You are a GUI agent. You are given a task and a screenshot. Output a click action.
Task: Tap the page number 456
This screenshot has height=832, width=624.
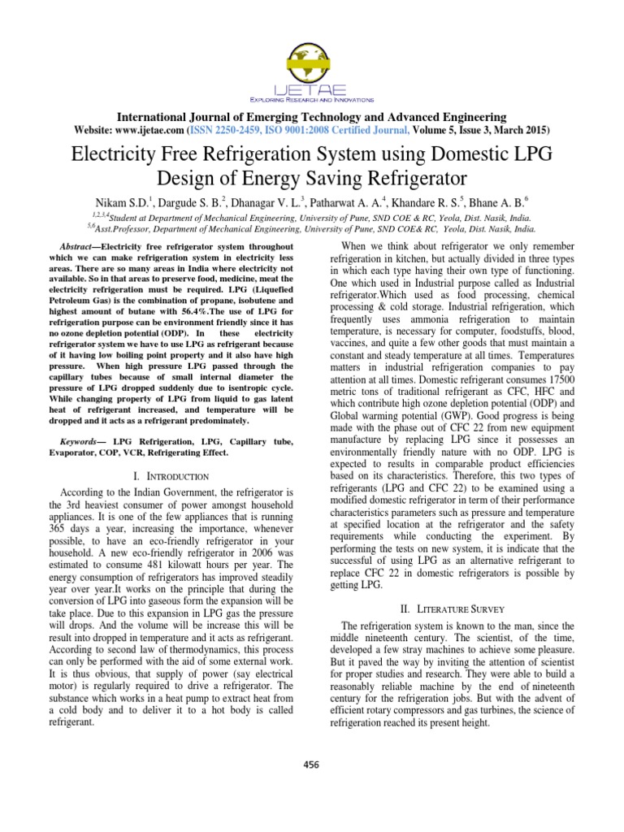[312, 764]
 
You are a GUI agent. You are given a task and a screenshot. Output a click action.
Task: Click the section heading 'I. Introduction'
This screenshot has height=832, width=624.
[171, 475]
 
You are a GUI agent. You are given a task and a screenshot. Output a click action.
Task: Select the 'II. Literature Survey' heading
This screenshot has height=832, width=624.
[457, 609]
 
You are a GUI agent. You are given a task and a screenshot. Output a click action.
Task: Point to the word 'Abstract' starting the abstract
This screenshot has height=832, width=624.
[80, 245]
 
